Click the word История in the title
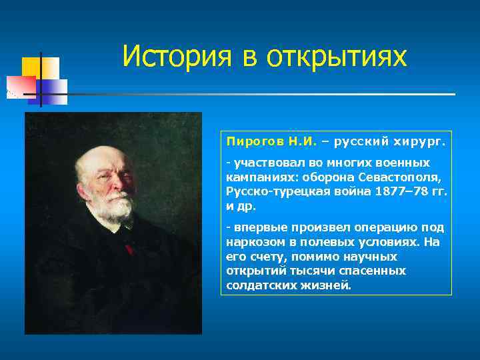175,56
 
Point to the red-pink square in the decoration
20,85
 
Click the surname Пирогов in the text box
255,142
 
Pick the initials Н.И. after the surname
303,142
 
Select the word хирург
422,142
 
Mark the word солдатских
255,285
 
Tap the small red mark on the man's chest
128,249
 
